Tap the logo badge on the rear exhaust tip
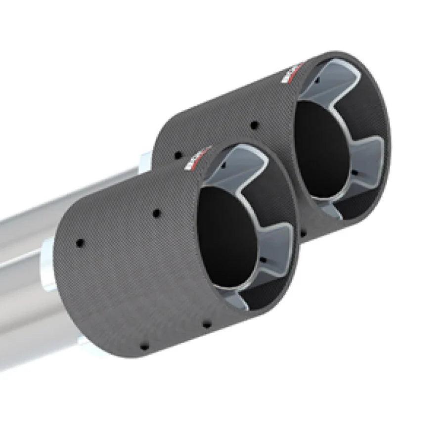point(292,72)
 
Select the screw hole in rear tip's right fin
point(355,173)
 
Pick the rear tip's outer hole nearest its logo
point(254,125)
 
